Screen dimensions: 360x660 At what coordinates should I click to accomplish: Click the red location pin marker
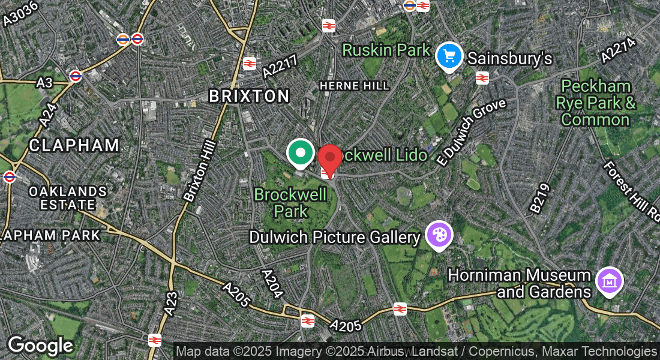tap(329, 158)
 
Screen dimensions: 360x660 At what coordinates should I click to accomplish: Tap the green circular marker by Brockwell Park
tap(300, 152)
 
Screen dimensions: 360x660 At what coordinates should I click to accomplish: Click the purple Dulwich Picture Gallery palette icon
tap(439, 235)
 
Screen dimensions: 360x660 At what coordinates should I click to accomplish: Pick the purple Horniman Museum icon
tap(609, 280)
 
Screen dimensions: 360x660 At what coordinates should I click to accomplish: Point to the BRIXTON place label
tap(249, 96)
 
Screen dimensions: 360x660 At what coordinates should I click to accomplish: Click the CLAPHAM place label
tap(74, 145)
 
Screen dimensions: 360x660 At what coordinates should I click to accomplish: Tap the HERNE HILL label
tap(354, 86)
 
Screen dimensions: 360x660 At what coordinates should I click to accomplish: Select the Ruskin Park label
tap(386, 50)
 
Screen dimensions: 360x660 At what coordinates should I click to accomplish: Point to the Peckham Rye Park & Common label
tap(595, 103)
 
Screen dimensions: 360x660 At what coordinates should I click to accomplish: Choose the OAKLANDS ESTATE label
tap(68, 198)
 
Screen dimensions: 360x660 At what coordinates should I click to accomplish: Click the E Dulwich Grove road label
tap(471, 132)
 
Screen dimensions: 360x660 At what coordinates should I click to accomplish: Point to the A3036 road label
tap(20, 13)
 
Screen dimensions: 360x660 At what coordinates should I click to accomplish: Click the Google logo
tap(40, 346)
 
